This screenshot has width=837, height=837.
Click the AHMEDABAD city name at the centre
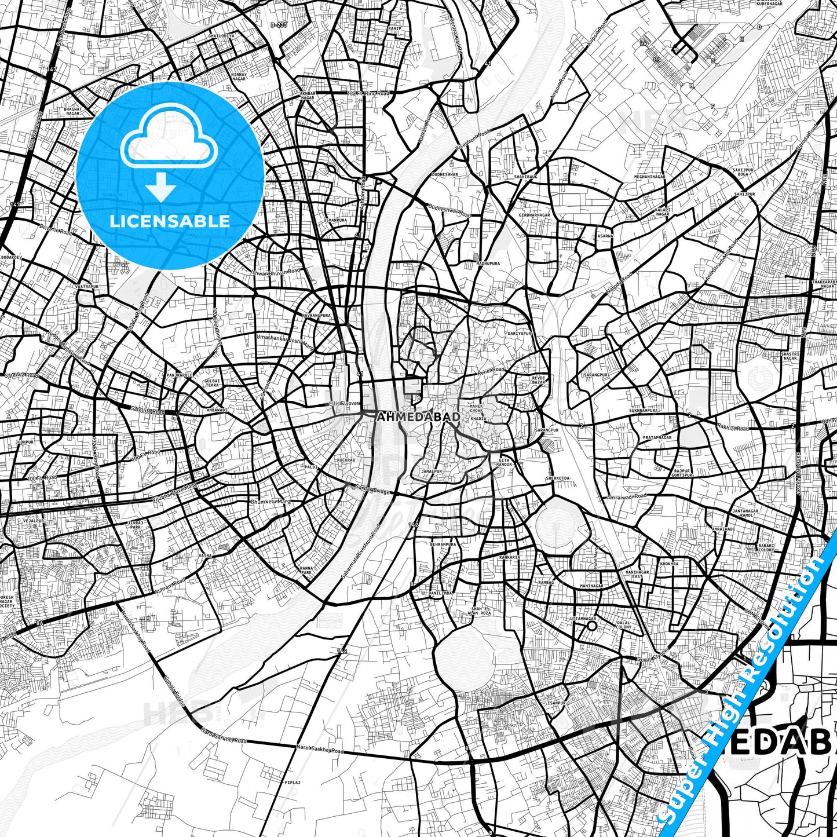pos(418,416)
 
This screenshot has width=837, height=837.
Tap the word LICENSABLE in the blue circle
pos(170,221)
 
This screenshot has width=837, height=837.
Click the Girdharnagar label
pos(535,215)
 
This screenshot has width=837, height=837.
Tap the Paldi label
pos(312,466)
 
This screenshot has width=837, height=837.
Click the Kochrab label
pos(347,460)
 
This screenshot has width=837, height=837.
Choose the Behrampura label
pos(443,544)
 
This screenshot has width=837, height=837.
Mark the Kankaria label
pos(509,557)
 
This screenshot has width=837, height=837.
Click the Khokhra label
pos(668,563)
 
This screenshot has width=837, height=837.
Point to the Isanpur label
pos(556,703)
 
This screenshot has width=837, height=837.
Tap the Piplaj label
pos(293,782)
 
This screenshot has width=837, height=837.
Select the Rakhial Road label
pos(733,429)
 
